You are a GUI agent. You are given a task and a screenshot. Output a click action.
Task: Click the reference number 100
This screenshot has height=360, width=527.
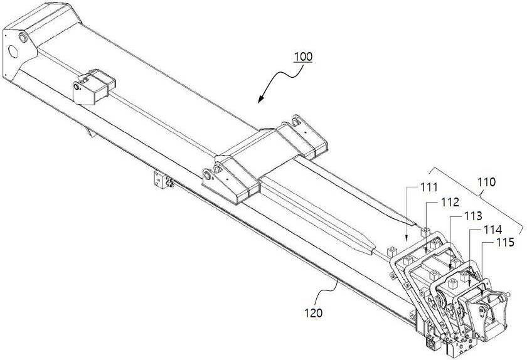[x=303, y=56]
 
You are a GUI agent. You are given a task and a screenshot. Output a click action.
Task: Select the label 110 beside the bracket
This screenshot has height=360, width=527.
[x=486, y=182]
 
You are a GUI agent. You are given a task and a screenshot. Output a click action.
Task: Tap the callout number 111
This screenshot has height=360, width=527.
[x=429, y=187]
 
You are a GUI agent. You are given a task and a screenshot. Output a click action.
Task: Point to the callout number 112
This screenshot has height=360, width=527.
[x=450, y=202]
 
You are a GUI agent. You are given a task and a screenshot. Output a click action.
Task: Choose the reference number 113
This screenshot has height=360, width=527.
[x=473, y=216]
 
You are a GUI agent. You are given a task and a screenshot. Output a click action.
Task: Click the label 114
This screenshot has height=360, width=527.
[x=492, y=230]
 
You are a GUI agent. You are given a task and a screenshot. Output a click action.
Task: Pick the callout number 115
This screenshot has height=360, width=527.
[x=505, y=242]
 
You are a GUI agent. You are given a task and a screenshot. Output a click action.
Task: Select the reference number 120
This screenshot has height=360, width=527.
[x=313, y=313]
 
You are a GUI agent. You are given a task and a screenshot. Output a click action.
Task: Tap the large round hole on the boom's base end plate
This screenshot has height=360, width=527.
[x=13, y=51]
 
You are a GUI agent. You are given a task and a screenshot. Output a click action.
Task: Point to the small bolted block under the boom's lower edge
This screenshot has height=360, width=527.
[x=161, y=179]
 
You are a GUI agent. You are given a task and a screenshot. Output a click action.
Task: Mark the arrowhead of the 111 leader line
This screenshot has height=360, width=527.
[x=407, y=239]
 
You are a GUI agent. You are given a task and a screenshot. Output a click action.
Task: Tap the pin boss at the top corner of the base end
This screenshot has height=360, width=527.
[x=23, y=37]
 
